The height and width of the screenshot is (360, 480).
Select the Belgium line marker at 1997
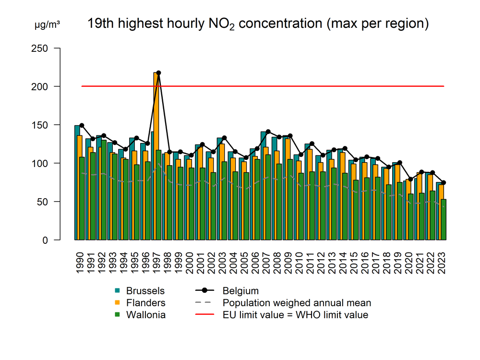159,73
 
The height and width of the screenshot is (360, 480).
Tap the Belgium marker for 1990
82,125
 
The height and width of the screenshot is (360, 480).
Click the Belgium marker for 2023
444,182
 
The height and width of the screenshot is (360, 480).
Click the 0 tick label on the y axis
45,240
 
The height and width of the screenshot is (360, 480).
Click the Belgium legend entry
240,291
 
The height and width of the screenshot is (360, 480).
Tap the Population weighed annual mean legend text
297,303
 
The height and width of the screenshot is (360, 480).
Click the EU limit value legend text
295,315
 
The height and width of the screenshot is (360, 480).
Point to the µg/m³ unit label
47,24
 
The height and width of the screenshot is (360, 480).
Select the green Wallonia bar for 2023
444,220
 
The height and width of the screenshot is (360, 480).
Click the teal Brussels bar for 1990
77,182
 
